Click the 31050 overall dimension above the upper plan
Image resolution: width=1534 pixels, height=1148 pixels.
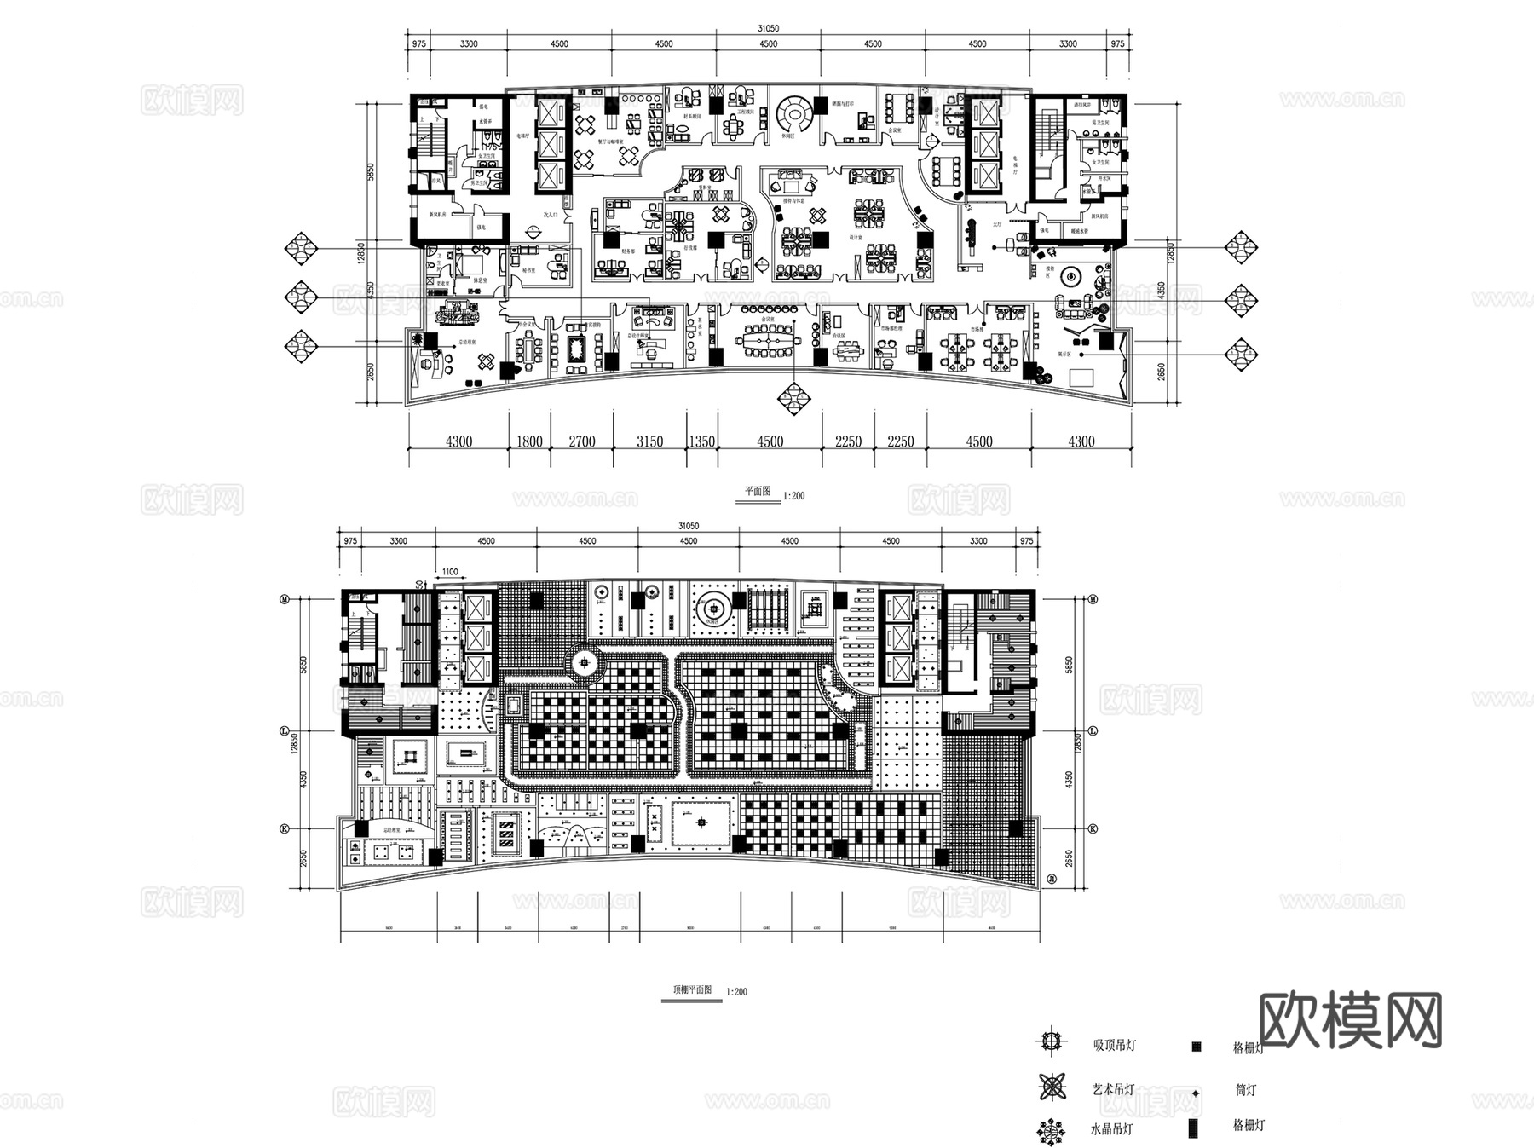click(x=768, y=28)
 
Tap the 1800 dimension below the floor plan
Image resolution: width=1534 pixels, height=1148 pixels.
click(x=529, y=441)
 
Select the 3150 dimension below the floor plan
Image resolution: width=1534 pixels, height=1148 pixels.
click(x=649, y=441)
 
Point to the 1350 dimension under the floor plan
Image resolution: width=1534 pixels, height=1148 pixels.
click(x=701, y=441)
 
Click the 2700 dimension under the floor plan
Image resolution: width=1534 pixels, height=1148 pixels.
click(x=581, y=441)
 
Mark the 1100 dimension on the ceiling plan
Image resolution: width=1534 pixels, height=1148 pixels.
click(x=449, y=572)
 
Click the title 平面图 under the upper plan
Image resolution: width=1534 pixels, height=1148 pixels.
click(x=757, y=492)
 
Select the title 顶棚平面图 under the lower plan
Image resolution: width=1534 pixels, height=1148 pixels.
click(x=691, y=990)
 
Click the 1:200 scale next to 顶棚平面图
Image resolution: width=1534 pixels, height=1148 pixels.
click(x=736, y=992)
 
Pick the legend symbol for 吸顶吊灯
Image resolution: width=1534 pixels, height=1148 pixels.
click(x=1051, y=1041)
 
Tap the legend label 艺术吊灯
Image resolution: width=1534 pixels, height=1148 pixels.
click(x=1114, y=1089)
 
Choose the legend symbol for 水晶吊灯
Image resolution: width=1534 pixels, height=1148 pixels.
click(x=1051, y=1130)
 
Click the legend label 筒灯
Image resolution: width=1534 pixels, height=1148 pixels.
click(x=1245, y=1090)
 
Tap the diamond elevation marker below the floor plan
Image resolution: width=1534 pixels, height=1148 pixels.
click(x=793, y=398)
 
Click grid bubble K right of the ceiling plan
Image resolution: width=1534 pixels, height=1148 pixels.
click(x=1093, y=828)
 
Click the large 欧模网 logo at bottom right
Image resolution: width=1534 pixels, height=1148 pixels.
click(x=1350, y=1021)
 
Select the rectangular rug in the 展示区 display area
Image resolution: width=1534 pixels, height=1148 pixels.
click(x=1081, y=377)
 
